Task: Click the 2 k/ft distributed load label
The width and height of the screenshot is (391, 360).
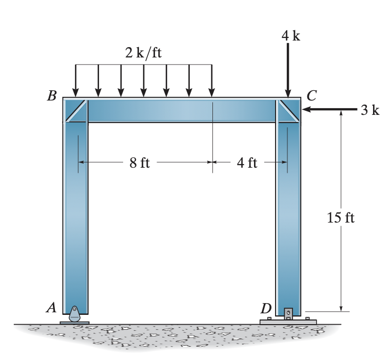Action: pyautogui.click(x=143, y=53)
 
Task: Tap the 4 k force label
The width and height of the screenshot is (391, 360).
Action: pyautogui.click(x=290, y=35)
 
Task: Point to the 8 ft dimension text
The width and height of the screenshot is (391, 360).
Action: pyautogui.click(x=139, y=163)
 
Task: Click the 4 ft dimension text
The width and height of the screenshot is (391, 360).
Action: pyautogui.click(x=247, y=163)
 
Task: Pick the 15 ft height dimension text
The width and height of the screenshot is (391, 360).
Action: pyautogui.click(x=340, y=217)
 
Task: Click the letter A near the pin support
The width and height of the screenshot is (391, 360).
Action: pyautogui.click(x=51, y=307)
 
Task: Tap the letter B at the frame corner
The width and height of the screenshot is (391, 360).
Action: pyautogui.click(x=51, y=96)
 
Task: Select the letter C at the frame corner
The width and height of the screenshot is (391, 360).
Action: pyautogui.click(x=311, y=95)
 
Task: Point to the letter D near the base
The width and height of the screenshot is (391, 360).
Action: pyautogui.click(x=266, y=308)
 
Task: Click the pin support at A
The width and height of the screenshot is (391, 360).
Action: pyautogui.click(x=75, y=313)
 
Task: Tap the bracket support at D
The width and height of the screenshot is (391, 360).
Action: pyautogui.click(x=288, y=312)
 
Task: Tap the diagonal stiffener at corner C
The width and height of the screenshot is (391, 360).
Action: pyautogui.click(x=288, y=110)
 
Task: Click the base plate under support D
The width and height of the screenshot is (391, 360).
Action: pyautogui.click(x=288, y=322)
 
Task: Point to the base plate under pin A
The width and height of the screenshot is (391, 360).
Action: pyautogui.click(x=75, y=323)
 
